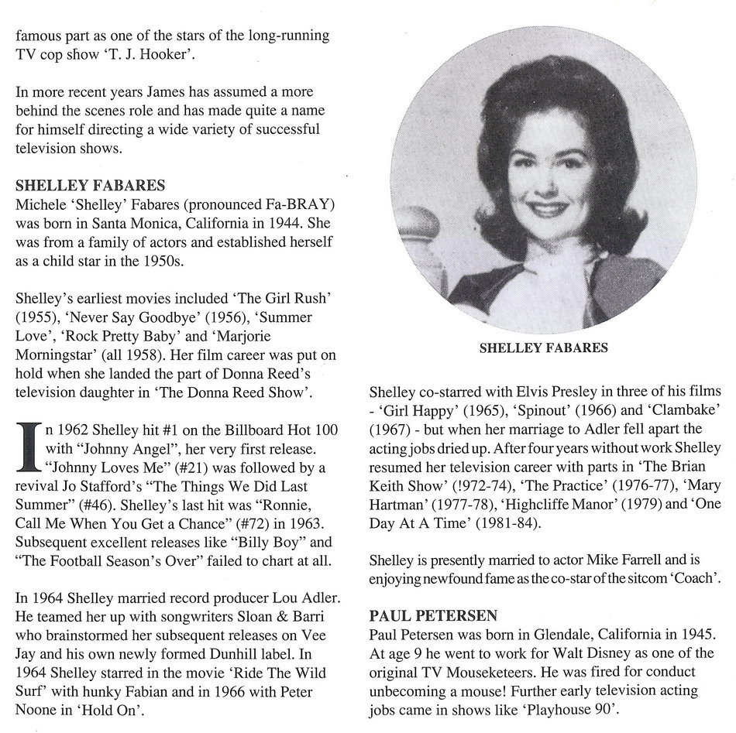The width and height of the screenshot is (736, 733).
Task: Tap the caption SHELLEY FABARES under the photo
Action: [543, 348]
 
